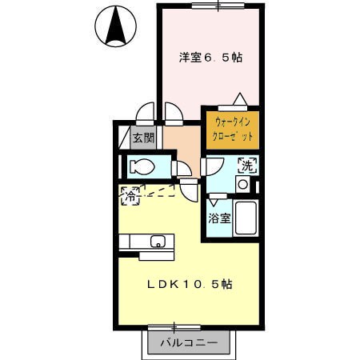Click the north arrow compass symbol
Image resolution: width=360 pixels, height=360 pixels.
coord(116,26)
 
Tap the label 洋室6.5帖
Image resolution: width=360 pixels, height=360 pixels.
coord(210,58)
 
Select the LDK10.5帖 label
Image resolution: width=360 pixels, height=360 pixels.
coord(190,284)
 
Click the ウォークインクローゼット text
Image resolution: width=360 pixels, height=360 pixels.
coord(233,130)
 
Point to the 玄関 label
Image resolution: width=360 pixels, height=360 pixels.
coord(143,138)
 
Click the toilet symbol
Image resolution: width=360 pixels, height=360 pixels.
coord(142,167)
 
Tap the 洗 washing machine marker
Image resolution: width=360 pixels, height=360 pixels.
coord(247,166)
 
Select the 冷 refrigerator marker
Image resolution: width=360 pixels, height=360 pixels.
coord(130,197)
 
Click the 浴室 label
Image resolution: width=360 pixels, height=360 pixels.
coord(219,218)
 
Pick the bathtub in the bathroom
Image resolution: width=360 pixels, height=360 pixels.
coord(246,218)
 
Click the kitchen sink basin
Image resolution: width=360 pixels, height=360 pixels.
coord(158,242)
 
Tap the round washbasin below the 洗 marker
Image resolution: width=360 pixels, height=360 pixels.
coord(242,184)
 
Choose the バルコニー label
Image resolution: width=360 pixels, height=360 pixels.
coord(189,343)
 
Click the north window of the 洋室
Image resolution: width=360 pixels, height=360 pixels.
coord(218,6)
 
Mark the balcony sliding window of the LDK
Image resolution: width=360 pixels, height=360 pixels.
coord(174,328)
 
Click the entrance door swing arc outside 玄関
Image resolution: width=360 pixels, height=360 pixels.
coord(145,114)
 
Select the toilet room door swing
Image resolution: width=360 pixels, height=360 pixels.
coord(182,169)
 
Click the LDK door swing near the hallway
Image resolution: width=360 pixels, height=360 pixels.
coord(190,190)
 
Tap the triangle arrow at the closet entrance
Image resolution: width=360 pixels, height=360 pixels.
coord(240,98)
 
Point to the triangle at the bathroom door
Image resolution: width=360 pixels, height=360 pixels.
coord(214,202)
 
